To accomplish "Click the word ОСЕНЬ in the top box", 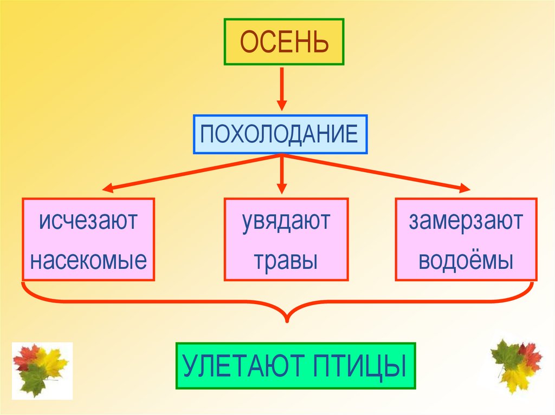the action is (284, 42).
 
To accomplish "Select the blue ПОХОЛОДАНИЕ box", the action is (280, 134).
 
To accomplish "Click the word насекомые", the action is (88, 260).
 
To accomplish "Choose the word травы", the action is (286, 261).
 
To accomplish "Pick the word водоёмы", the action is (466, 260).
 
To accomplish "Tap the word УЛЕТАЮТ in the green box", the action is (246, 366).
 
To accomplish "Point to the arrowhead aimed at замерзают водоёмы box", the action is (464, 189).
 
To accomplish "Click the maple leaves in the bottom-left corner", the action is (41, 369).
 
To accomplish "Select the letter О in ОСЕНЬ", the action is (248, 42).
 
